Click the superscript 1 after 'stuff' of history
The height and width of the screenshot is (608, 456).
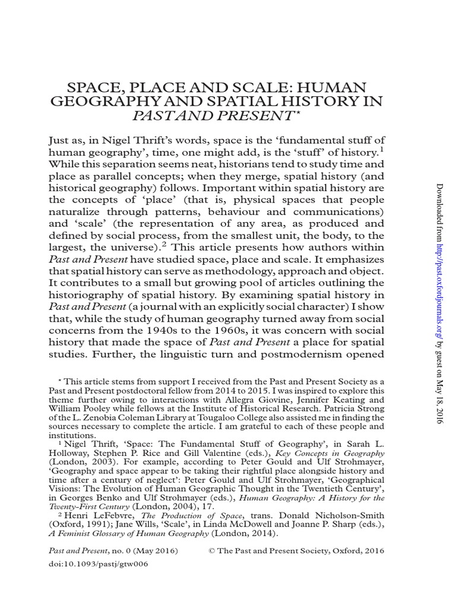[382, 149]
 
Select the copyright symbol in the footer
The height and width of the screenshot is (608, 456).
[212, 551]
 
